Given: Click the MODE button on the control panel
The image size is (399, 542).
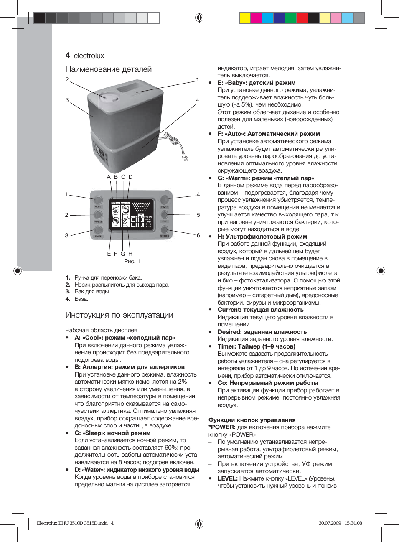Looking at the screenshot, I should tap(98, 200).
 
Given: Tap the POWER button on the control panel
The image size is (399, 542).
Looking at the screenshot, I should tap(165, 200).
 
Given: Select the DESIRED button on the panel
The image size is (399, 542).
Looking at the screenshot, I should tap(165, 229).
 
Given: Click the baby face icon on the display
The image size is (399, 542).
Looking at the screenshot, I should tap(116, 210).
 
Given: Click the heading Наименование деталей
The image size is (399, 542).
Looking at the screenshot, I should tap(108, 69).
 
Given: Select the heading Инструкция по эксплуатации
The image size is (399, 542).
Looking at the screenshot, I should tap(119, 315).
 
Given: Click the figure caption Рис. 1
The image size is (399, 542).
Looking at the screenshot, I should tap(132, 262).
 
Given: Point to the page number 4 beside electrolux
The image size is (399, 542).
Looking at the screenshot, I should tap(68, 56).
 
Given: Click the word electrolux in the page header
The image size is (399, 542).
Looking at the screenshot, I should tap(89, 56).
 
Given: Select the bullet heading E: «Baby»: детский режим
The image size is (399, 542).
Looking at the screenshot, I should tap(257, 83).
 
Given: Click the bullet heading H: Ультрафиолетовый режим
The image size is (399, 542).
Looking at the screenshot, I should tap(262, 237).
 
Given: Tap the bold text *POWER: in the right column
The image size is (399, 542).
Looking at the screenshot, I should tap(222, 427).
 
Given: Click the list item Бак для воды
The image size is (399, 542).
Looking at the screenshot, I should tap(92, 292).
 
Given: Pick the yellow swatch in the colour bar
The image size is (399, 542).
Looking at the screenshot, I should tap(244, 18).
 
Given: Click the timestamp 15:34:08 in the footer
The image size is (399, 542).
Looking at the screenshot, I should tap(353, 523).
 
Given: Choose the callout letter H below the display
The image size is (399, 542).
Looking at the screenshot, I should tap(130, 254).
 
